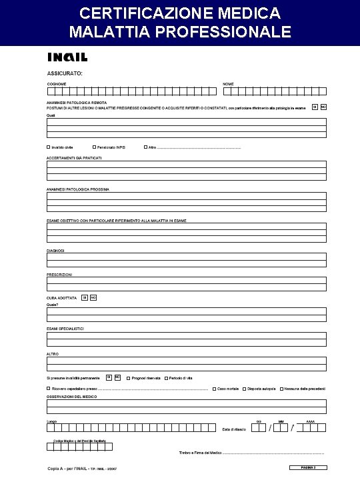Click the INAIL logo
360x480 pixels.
[x=67, y=57]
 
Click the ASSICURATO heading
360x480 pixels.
[x=65, y=73]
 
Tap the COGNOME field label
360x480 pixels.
[x=57, y=83]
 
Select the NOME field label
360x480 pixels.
[x=228, y=83]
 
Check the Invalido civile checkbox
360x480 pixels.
[x=49, y=147]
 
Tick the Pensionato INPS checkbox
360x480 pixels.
[x=94, y=147]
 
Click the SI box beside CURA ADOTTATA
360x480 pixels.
[x=85, y=297]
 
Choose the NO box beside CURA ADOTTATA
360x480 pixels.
[x=93, y=297]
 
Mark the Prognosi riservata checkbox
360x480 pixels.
[x=129, y=378]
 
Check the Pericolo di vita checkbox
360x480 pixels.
[x=166, y=378]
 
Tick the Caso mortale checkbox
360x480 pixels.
[x=213, y=388]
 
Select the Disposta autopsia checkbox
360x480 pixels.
[x=244, y=388]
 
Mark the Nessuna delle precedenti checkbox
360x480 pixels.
[x=282, y=388]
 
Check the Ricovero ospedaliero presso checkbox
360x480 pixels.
[x=49, y=388]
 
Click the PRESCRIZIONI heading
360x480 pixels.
[x=59, y=274]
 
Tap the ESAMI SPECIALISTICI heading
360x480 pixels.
[x=65, y=328]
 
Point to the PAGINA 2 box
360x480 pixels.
[x=311, y=467]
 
